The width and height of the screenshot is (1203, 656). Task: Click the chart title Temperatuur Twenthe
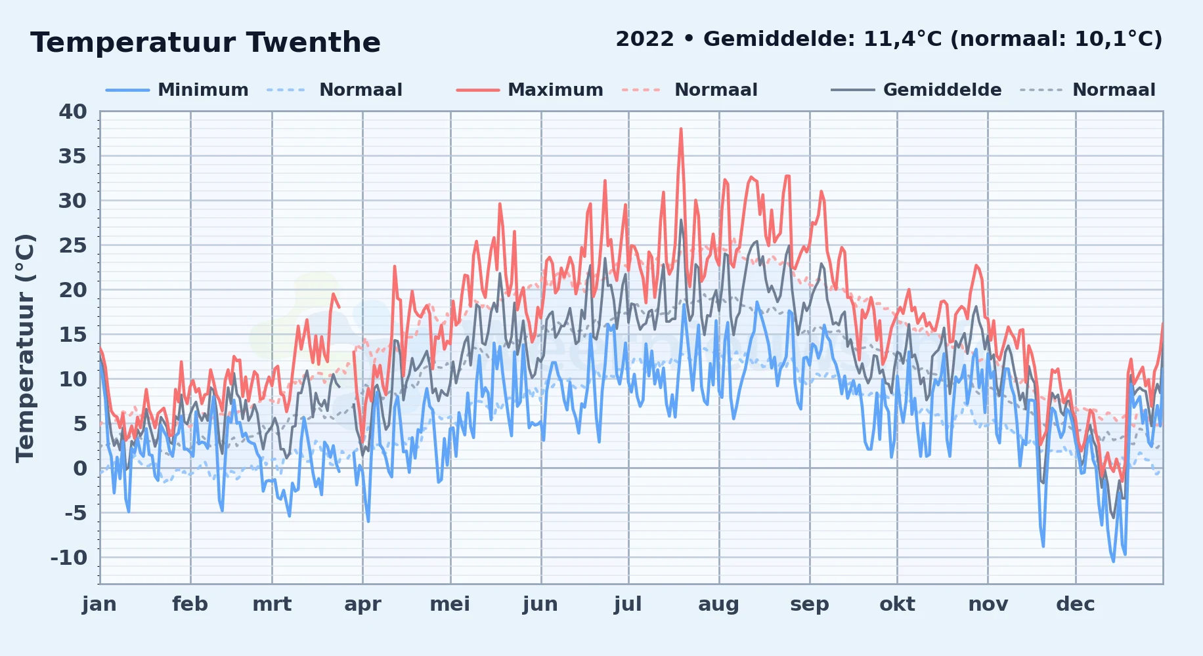206,43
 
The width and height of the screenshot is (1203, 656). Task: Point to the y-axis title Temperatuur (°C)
25,348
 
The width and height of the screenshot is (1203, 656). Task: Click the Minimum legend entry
177,90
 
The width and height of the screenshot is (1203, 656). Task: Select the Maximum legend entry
529,90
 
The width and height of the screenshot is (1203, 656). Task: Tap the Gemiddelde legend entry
916,90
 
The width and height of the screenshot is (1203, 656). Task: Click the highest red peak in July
681,129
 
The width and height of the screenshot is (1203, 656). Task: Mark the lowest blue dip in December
1113,561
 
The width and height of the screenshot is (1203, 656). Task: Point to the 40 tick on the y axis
73,112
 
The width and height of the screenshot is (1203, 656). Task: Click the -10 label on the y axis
69,558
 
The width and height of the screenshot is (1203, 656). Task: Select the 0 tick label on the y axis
80,468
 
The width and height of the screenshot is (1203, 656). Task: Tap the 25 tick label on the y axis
73,245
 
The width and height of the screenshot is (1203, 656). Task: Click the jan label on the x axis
100,604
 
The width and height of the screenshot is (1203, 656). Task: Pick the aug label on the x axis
719,605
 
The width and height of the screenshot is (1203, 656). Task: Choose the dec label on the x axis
1076,604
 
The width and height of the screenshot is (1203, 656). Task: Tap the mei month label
450,604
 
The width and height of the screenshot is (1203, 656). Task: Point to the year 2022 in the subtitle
645,39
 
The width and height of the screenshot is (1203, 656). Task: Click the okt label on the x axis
898,604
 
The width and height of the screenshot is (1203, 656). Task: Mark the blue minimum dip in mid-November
1043,545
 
